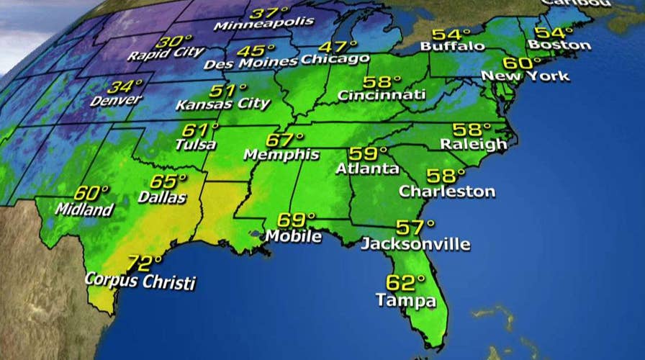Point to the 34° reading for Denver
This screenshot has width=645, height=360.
pos(121,88)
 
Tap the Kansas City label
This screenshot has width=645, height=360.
pos(223,104)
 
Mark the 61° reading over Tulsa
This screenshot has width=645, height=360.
pos(200,130)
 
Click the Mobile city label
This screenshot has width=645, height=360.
pos(293,235)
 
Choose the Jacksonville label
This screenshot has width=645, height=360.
pos(415,243)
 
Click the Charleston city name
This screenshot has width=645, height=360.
pos(447,192)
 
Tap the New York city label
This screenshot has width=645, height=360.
pos(525,76)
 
